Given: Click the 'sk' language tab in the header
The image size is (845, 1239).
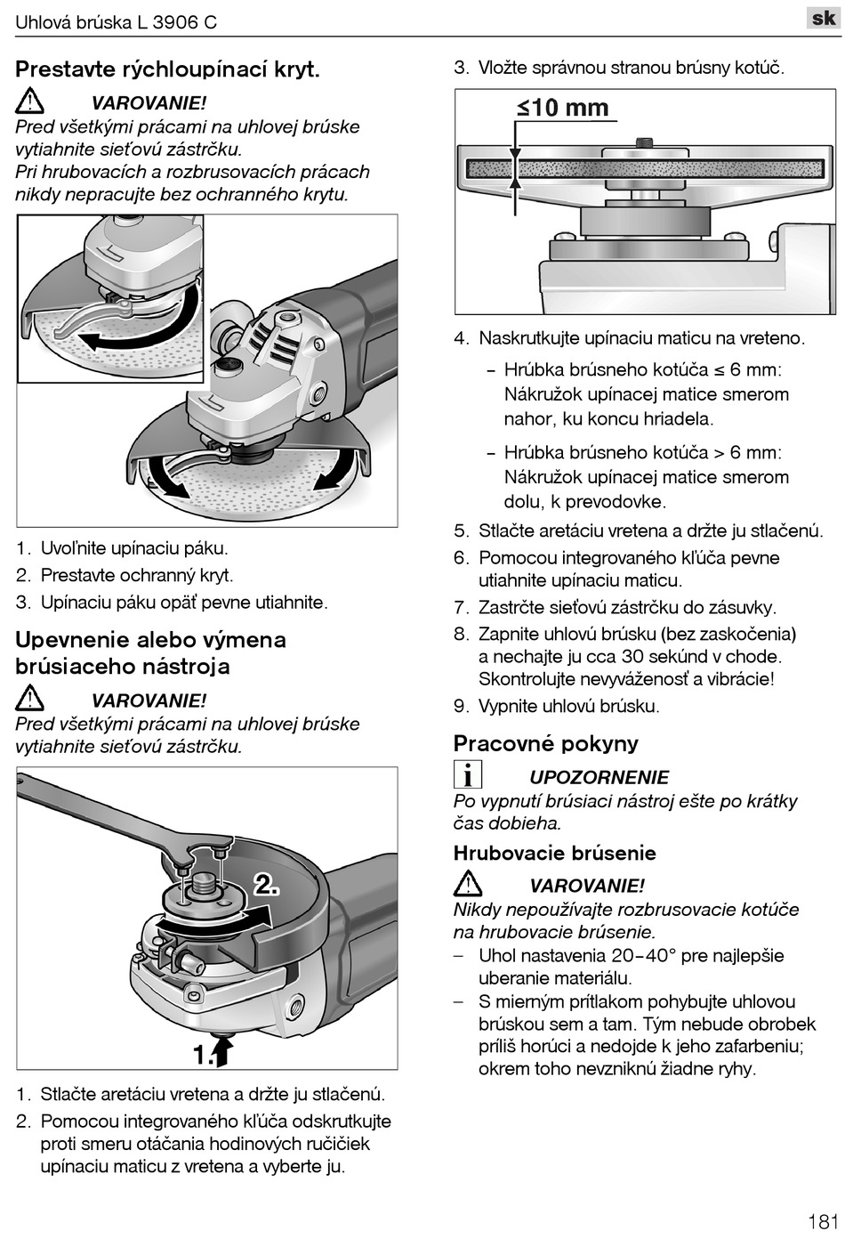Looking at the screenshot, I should pyautogui.click(x=823, y=18).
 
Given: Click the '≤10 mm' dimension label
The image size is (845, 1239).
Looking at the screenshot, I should pyautogui.click(x=563, y=109).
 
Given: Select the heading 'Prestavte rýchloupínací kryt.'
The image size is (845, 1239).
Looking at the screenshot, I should pyautogui.click(x=167, y=69).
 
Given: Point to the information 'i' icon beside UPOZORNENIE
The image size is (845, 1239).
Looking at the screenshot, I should pyautogui.click(x=467, y=775).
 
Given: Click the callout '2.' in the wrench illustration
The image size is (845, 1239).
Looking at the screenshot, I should pyautogui.click(x=267, y=885).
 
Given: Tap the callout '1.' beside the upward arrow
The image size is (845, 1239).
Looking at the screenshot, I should pyautogui.click(x=204, y=1054).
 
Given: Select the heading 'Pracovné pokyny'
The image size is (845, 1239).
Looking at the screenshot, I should pyautogui.click(x=545, y=743).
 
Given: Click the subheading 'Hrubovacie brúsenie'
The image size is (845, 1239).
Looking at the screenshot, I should pyautogui.click(x=554, y=853).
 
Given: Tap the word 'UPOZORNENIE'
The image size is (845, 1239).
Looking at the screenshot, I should pyautogui.click(x=599, y=777).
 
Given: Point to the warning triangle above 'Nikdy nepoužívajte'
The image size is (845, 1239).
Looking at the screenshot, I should pyautogui.click(x=467, y=884).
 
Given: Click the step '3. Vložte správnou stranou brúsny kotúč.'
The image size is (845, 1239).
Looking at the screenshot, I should pyautogui.click(x=619, y=68).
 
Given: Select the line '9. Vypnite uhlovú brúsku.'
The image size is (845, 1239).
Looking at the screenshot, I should pyautogui.click(x=557, y=706).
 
